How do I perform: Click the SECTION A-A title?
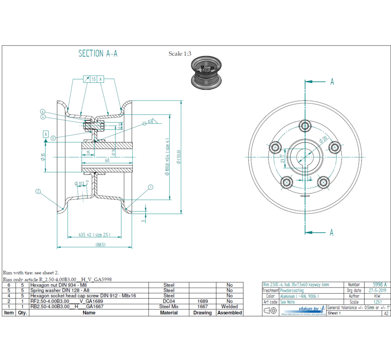pos(98,54)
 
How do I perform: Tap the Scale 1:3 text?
pos(180,54)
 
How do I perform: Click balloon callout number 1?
pos(151,187)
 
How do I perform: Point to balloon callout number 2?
pos(38,191)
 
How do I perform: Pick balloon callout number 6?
pos(43,111)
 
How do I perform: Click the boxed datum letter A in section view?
pos(45,133)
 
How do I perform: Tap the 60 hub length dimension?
pos(107,161)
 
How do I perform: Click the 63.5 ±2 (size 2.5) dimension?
pos(94,234)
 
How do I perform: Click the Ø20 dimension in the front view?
pos(324,140)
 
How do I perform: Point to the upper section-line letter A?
pos(332,82)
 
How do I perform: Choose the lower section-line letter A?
pos(332,232)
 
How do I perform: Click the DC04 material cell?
pos(169,302)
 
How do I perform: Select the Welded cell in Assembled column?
pos(229,307)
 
